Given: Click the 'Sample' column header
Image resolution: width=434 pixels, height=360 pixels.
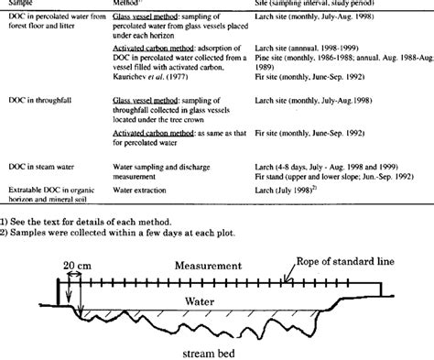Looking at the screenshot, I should click(x=20, y=4).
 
